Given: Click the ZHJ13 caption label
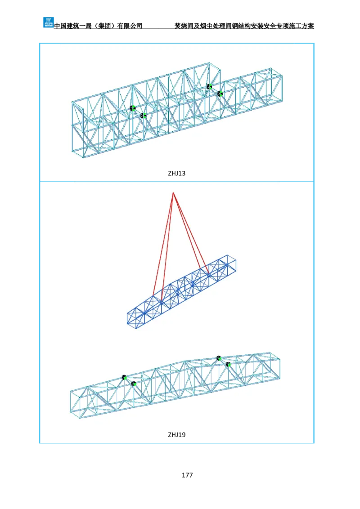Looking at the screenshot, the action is [x=177, y=173].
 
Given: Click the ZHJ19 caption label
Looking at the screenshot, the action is [x=177, y=435].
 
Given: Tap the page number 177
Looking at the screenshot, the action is [x=187, y=475].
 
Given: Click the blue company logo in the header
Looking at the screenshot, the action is [x=49, y=22].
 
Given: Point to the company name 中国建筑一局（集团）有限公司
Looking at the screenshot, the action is [x=98, y=26].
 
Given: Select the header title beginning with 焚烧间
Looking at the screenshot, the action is [x=244, y=26].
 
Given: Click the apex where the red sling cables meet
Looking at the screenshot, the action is [x=174, y=193].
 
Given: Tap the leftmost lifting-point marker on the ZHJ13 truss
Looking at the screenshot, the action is [x=133, y=108].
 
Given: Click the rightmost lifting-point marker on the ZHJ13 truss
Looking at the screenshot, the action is [x=220, y=94].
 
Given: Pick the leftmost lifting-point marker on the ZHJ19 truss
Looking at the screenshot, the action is [x=124, y=377].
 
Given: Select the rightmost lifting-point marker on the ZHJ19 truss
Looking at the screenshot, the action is [x=228, y=364].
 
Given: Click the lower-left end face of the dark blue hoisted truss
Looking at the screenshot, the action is [x=130, y=319].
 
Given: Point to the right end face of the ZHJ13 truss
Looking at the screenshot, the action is [x=276, y=85].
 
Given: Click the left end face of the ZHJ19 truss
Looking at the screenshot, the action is [x=75, y=402].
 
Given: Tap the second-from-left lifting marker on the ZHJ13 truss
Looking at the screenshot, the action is [x=143, y=115].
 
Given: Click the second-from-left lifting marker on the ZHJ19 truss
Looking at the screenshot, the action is [x=133, y=384].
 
